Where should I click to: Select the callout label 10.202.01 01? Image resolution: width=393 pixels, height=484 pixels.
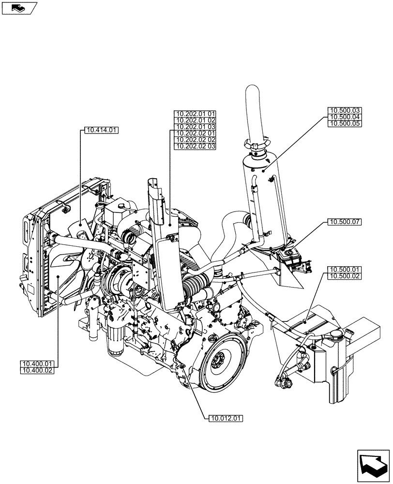196,114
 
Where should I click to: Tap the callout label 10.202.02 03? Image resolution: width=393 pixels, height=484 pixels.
196,146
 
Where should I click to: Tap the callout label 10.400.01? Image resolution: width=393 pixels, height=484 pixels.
37,364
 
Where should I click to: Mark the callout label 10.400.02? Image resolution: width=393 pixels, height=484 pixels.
37,370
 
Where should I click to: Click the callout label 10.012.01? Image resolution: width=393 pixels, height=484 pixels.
226,417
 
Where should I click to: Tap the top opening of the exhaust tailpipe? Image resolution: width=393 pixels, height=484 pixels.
253,89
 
